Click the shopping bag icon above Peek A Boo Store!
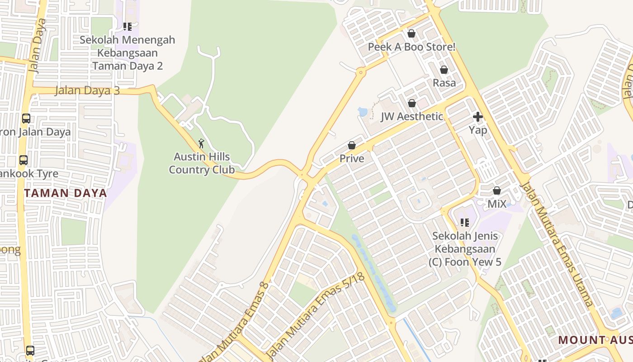[411, 33]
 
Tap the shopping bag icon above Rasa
[444, 70]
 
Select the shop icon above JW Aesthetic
[412, 103]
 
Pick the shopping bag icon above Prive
[352, 145]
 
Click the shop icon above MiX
[497, 191]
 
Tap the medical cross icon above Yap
[478, 117]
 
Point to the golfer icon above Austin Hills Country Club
[202, 144]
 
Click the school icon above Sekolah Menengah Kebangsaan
[128, 27]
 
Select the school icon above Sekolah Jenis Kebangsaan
[465, 223]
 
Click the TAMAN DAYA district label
[66, 193]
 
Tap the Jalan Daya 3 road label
[87, 90]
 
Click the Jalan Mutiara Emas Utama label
[557, 244]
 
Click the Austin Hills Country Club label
[202, 163]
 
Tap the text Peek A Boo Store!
[411, 47]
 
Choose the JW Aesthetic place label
[412, 116]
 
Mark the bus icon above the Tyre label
[24, 160]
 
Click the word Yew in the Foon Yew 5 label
[484, 262]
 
